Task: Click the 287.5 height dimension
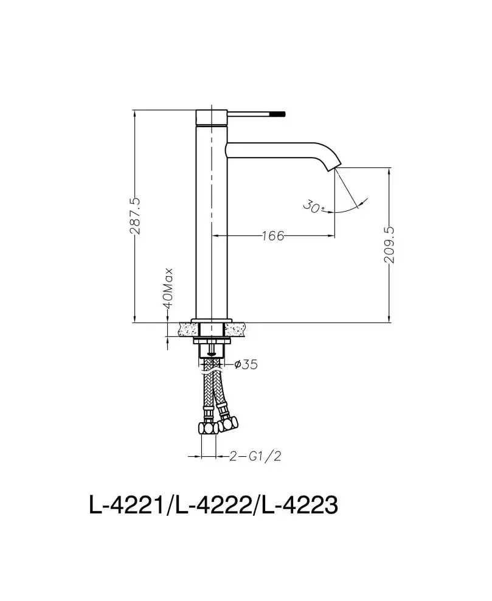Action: [135, 216]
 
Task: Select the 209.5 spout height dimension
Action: [389, 245]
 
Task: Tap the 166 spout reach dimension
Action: [273, 236]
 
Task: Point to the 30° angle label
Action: [313, 207]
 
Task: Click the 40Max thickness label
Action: [168, 288]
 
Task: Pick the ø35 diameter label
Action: [246, 364]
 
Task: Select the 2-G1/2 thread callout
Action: [255, 456]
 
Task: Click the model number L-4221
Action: [127, 505]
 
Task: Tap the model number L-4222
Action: [213, 505]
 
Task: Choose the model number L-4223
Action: [300, 505]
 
